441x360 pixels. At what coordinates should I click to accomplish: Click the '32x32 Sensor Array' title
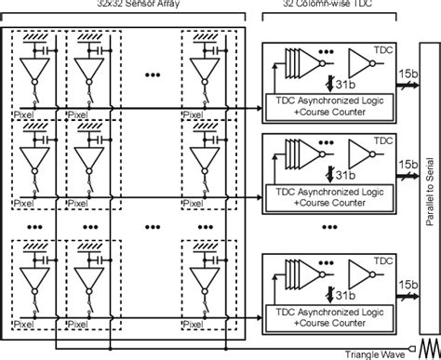coord(126,7)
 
